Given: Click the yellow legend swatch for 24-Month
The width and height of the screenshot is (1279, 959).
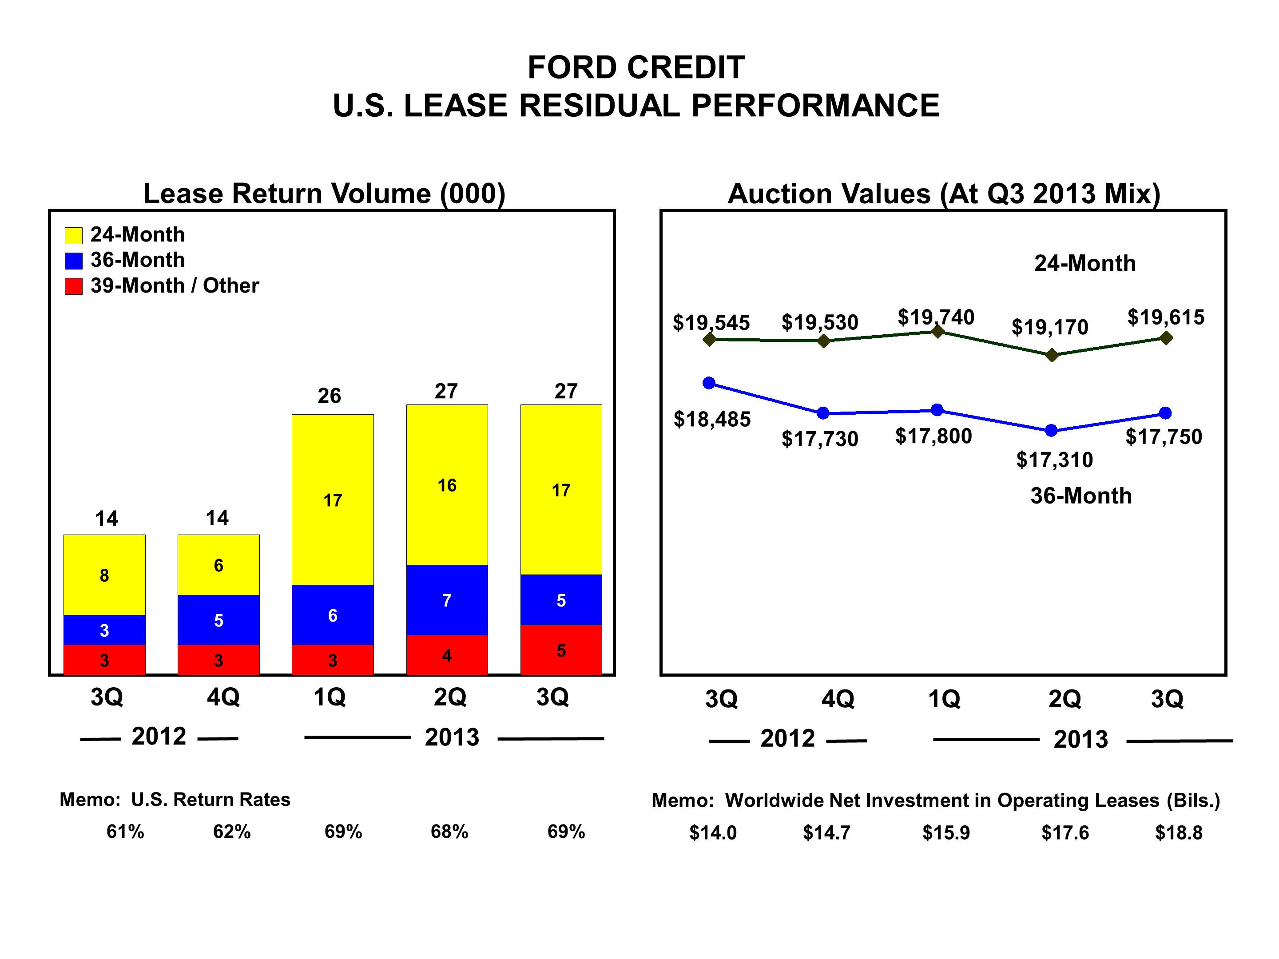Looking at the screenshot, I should pyautogui.click(x=73, y=235).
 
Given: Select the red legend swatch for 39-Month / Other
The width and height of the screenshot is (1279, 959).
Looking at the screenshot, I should pyautogui.click(x=73, y=286).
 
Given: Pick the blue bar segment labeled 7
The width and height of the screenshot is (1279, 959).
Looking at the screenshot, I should pyautogui.click(x=446, y=600).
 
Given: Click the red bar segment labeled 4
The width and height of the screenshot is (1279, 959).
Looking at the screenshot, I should pyautogui.click(x=446, y=655).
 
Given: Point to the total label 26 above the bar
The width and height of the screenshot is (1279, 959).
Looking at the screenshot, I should pyautogui.click(x=329, y=396).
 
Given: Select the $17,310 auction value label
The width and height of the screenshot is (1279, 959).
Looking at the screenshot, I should pyautogui.click(x=1054, y=460).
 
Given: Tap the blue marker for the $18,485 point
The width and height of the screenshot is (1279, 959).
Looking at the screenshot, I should pyautogui.click(x=709, y=383).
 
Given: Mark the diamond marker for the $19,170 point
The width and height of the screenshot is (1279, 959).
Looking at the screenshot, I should pyautogui.click(x=1053, y=355).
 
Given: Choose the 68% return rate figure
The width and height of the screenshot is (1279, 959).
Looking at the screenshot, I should pyautogui.click(x=449, y=832).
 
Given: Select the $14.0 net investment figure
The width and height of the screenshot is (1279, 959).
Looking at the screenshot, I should pyautogui.click(x=712, y=833).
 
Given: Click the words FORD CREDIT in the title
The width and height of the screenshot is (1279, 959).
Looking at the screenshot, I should pyautogui.click(x=636, y=67).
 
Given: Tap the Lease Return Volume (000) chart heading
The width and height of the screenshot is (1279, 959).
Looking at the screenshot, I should pyautogui.click(x=324, y=194).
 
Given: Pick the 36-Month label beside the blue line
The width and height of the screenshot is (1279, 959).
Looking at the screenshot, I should pyautogui.click(x=1080, y=496).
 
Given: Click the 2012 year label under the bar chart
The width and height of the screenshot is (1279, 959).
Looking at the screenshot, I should pyautogui.click(x=159, y=737).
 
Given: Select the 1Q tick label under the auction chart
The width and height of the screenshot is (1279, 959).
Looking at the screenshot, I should pyautogui.click(x=944, y=699).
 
